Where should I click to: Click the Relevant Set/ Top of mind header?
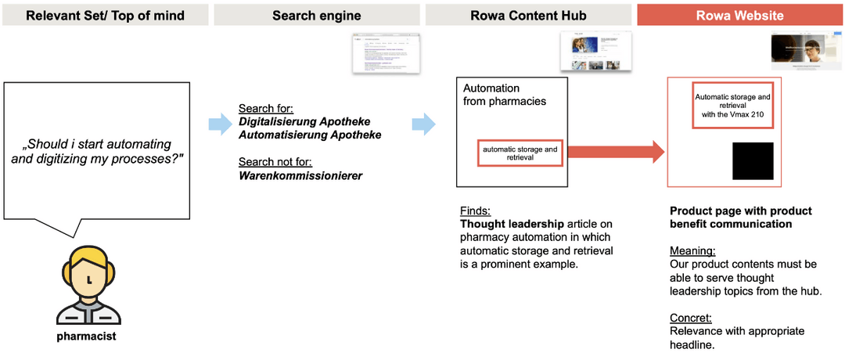pos(106,15)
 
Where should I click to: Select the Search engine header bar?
pos(316,15)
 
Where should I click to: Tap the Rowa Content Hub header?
pos(528,15)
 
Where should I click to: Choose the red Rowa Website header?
pos(739,15)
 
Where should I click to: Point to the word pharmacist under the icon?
pos(87,337)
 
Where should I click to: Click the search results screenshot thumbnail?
pos(385,54)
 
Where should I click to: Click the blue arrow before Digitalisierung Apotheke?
pos(220,123)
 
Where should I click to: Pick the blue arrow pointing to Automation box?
pos(423,123)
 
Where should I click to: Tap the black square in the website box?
pos(753,161)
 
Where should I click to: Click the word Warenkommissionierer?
pos(300,175)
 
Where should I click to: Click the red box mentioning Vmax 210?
pos(732,106)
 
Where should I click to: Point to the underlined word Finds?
pos(475,211)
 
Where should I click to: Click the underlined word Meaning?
pos(692,251)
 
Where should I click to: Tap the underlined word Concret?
pos(691,318)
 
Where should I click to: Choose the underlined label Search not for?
pos(276,162)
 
